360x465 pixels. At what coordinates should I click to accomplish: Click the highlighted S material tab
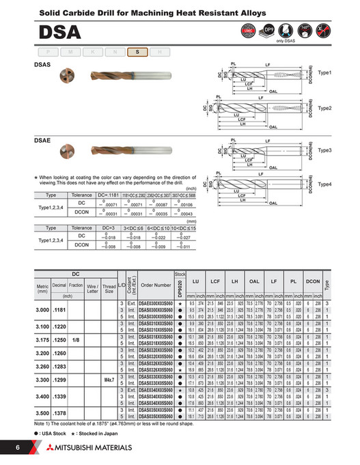[136, 52]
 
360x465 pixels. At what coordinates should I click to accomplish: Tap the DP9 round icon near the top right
[268, 31]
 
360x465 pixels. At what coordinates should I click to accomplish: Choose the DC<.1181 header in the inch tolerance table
[109, 195]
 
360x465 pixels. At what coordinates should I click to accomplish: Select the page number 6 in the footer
[18, 447]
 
